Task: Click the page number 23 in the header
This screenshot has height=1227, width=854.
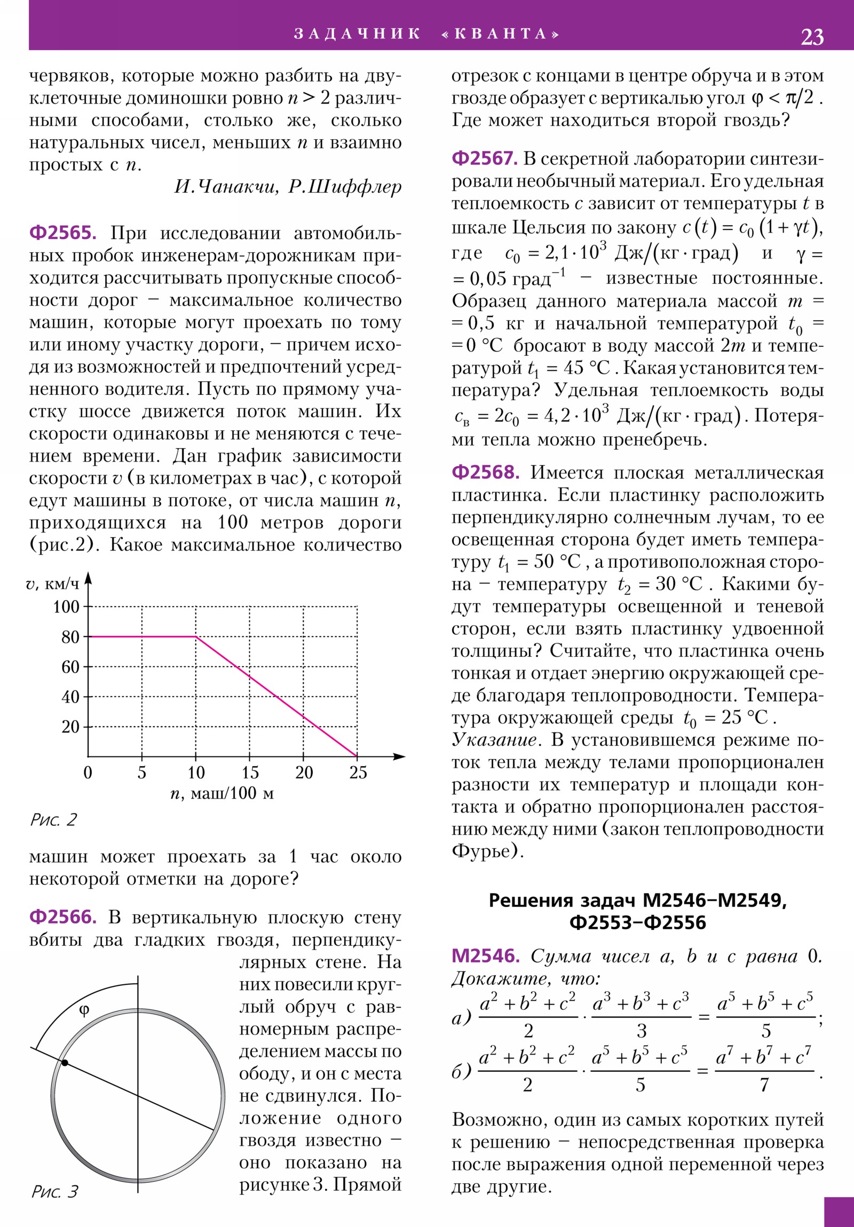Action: click(812, 37)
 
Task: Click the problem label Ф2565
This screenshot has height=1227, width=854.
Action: click(62, 233)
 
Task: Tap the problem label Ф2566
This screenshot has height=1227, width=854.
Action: click(62, 917)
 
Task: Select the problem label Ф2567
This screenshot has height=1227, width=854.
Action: click(485, 159)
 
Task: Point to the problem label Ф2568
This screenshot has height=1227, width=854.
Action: click(485, 473)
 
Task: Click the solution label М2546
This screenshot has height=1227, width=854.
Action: click(485, 955)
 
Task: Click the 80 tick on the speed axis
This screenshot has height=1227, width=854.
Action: click(70, 637)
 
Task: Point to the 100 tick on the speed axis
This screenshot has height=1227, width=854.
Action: click(66, 607)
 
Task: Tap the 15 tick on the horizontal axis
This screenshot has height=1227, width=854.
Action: click(250, 773)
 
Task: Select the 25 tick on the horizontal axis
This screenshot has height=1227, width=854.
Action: click(358, 773)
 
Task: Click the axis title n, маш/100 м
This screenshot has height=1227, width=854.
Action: click(222, 794)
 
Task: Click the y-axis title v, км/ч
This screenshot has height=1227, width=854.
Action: click(52, 584)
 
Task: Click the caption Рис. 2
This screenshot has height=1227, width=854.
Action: click(53, 820)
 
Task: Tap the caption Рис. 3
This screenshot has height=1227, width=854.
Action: click(54, 1192)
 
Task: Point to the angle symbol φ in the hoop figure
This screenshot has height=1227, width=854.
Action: click(84, 1010)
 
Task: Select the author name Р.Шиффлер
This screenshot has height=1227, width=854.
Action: click(344, 187)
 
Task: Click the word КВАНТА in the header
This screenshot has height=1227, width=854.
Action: click(501, 34)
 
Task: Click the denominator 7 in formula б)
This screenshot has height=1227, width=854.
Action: click(764, 1086)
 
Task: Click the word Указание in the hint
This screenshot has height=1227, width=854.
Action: click(494, 740)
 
